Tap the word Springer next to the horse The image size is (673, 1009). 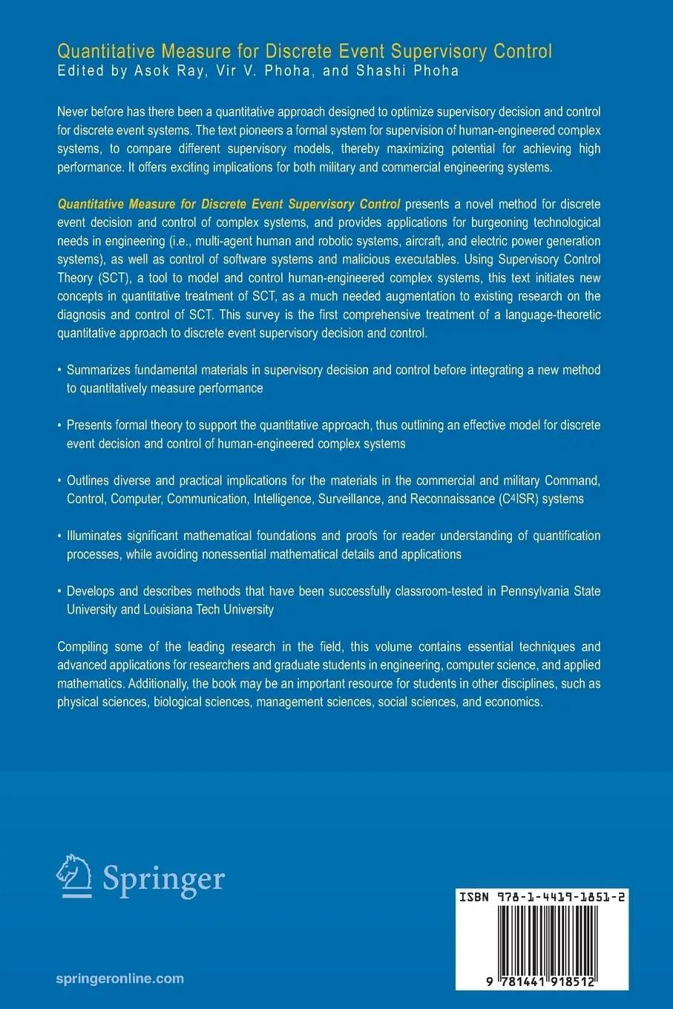[163, 878]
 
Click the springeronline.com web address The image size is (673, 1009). [119, 979]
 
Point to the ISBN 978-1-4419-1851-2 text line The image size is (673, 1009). [541, 897]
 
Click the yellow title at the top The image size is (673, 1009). [304, 51]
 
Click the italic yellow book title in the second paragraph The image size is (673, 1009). [229, 204]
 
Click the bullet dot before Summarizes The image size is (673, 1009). [60, 370]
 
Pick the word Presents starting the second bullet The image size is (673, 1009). [90, 425]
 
